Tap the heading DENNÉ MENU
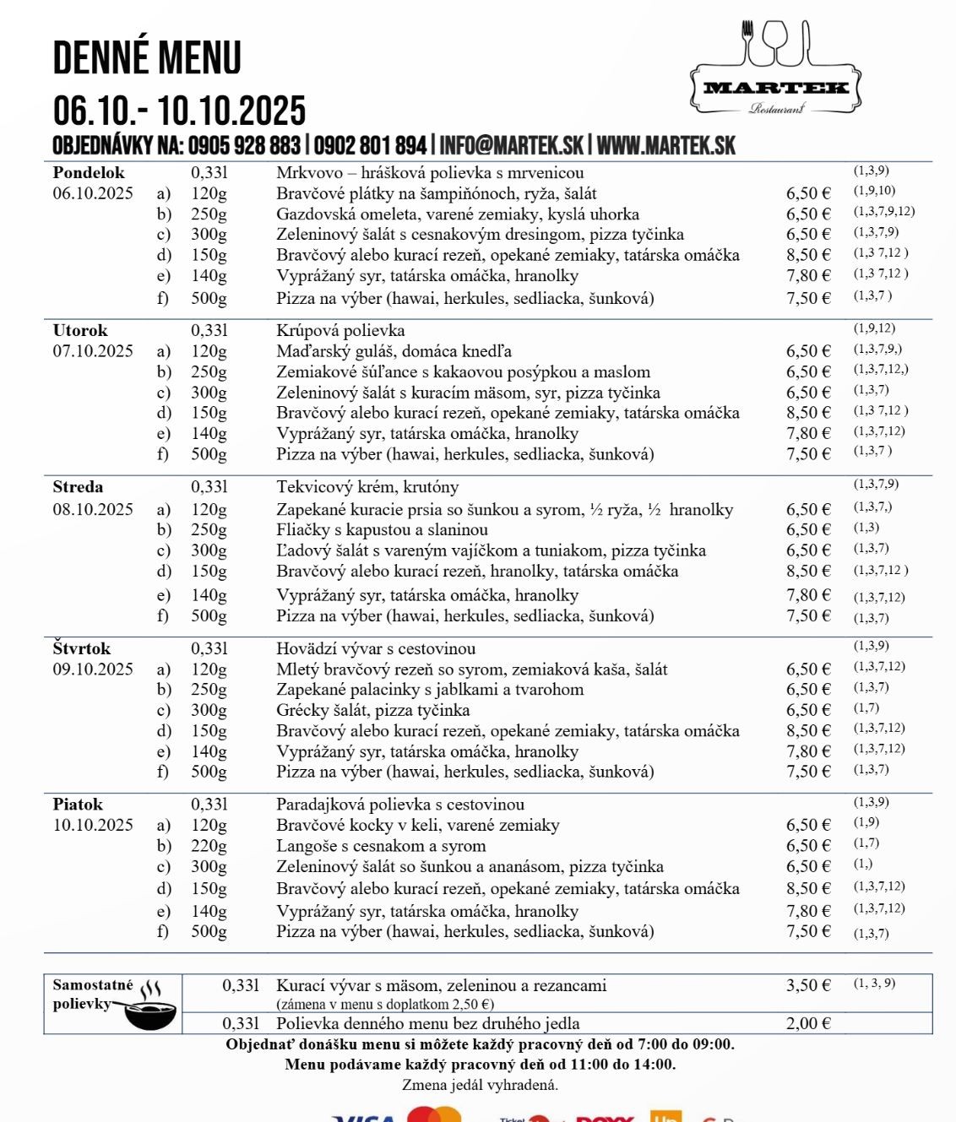[x=147, y=58]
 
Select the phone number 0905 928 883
[x=244, y=145]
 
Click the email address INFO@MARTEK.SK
[x=511, y=145]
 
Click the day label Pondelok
[x=88, y=172]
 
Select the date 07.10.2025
[x=93, y=351]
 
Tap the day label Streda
[x=78, y=487]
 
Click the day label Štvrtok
[x=82, y=648]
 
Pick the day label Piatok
[x=78, y=805]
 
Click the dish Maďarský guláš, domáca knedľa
[x=394, y=351]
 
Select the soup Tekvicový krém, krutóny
[x=367, y=487]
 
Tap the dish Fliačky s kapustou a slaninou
[x=382, y=530]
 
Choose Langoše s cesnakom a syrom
[x=381, y=846]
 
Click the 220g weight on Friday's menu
[x=209, y=846]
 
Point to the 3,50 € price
[x=808, y=985]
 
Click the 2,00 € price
[x=808, y=1023]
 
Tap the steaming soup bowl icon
[x=149, y=1006]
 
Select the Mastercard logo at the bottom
[x=434, y=1114]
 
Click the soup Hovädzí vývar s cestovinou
[x=376, y=648]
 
